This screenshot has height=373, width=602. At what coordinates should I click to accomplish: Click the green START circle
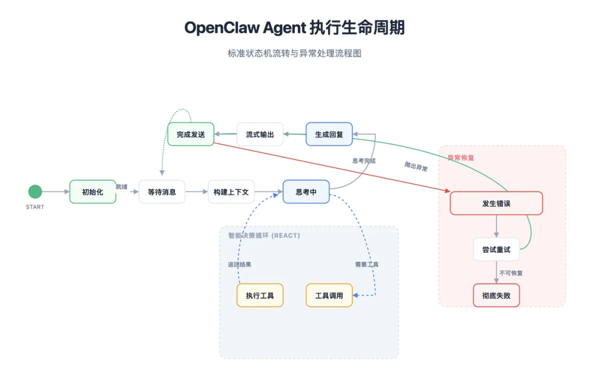pyautogui.click(x=35, y=192)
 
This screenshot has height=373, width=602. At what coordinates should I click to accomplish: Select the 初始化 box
pyautogui.click(x=93, y=192)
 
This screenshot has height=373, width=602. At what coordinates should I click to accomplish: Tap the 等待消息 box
pyautogui.click(x=162, y=192)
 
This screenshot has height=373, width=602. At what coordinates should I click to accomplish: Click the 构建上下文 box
pyautogui.click(x=231, y=192)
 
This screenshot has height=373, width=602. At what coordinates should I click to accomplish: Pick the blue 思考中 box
pyautogui.click(x=306, y=192)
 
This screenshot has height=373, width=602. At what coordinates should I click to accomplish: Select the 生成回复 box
pyautogui.click(x=329, y=134)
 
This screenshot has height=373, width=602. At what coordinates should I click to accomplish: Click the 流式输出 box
pyautogui.click(x=260, y=134)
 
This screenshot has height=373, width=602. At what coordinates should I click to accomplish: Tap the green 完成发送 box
pyautogui.click(x=191, y=134)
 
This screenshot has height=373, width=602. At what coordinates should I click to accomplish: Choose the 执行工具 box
pyautogui.click(x=260, y=295)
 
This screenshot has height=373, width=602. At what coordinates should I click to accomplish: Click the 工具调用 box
pyautogui.click(x=329, y=295)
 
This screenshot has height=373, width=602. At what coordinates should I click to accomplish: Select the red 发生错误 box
pyautogui.click(x=496, y=203)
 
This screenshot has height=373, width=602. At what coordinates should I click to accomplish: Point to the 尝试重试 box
pyautogui.click(x=496, y=249)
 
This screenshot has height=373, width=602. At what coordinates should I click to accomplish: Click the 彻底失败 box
pyautogui.click(x=496, y=295)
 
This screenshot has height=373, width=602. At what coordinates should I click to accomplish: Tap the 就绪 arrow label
pyautogui.click(x=122, y=186)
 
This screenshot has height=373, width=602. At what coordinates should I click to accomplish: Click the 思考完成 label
pyautogui.click(x=364, y=161)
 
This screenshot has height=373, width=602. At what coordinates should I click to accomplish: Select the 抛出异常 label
pyautogui.click(x=416, y=166)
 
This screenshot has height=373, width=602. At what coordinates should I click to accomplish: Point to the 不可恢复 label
pyautogui.click(x=511, y=273)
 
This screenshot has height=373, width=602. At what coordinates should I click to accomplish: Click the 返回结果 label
pyautogui.click(x=240, y=264)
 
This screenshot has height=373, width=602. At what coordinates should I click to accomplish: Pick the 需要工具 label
pyautogui.click(x=367, y=264)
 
